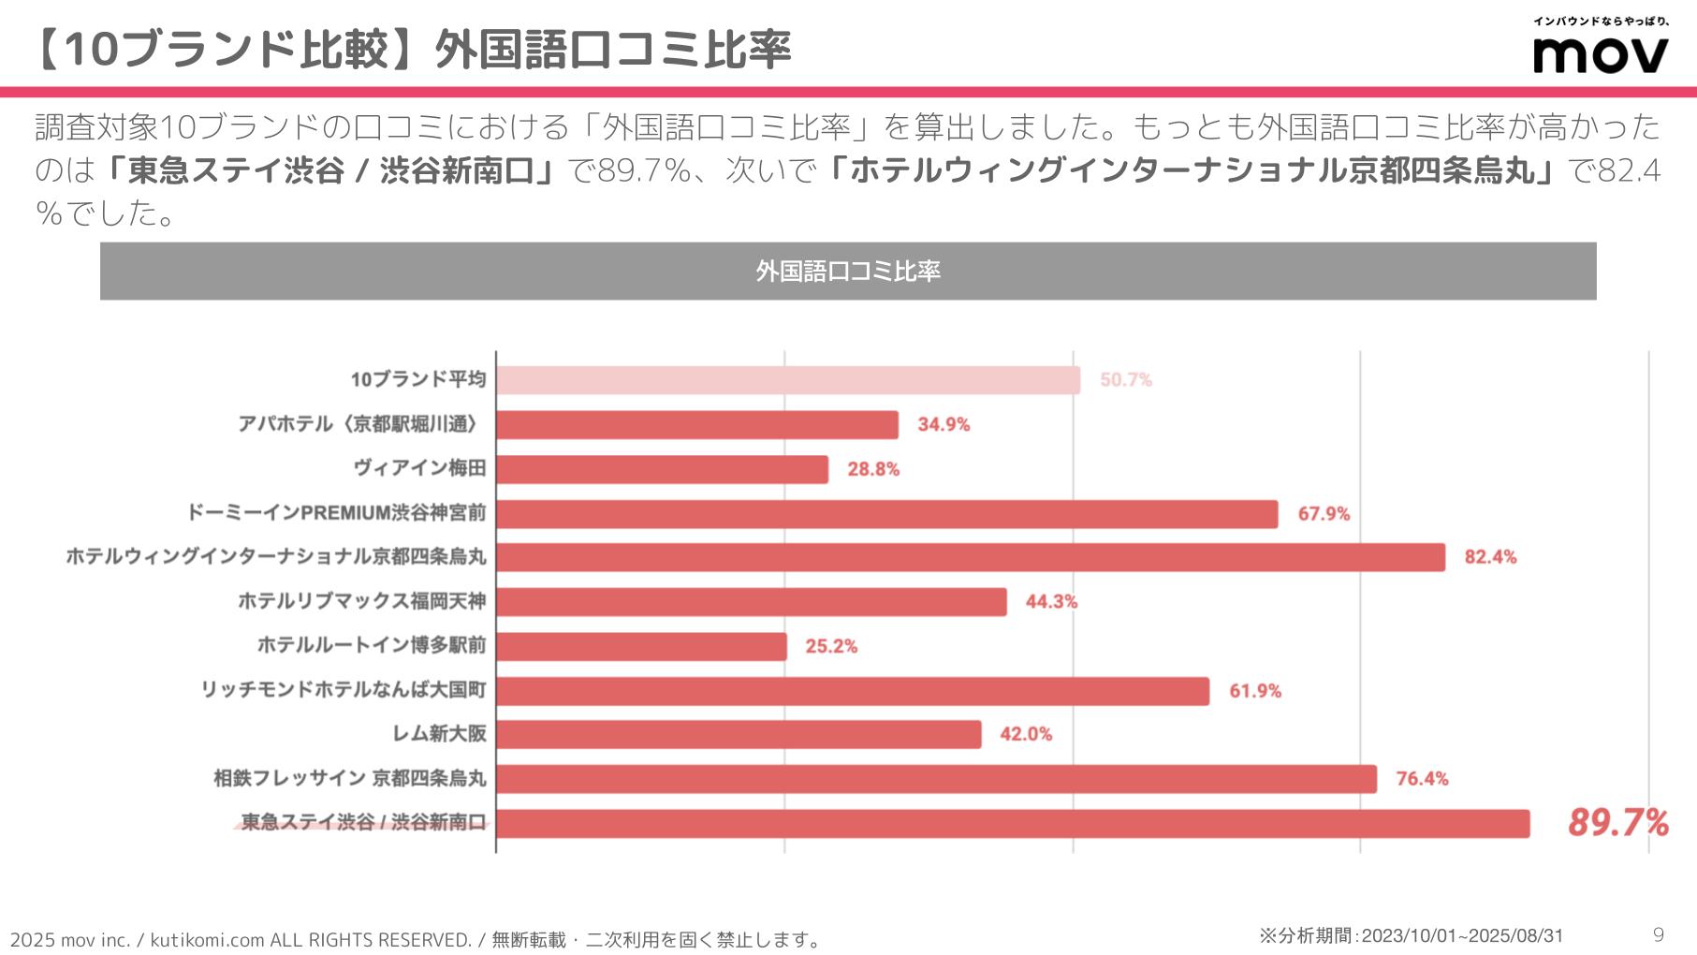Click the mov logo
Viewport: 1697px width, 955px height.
pos(1600,53)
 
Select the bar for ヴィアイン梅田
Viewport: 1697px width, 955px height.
pos(662,469)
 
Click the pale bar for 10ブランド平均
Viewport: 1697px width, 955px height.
pos(787,380)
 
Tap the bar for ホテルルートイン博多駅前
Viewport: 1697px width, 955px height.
pos(641,646)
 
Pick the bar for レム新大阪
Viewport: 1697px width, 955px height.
pos(739,734)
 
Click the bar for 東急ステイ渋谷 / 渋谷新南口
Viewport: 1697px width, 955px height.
pos(1013,823)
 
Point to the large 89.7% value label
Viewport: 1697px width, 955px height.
pos(1617,822)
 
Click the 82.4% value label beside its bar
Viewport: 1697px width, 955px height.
pos(1490,557)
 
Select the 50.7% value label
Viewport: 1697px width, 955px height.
pos(1125,380)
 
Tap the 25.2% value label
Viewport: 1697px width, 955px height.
pos(831,646)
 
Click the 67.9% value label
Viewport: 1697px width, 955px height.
pos(1324,514)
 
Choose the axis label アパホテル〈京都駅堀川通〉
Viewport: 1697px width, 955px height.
pos(361,424)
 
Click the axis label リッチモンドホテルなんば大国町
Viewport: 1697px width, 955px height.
pos(344,690)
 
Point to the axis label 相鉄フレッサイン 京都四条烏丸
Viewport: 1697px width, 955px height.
pos(350,778)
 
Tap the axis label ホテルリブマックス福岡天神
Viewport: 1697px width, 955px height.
pos(361,601)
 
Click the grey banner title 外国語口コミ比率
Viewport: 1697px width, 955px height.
pos(848,272)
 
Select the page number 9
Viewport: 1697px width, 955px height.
pos(1659,934)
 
